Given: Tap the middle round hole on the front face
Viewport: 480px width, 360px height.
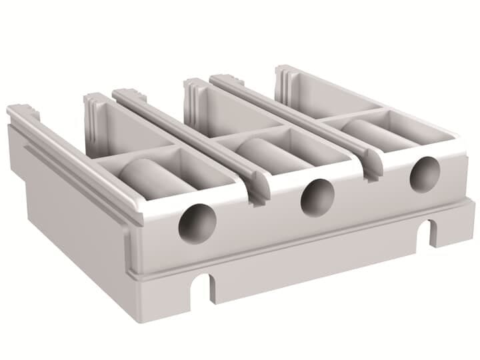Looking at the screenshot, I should (x=317, y=197).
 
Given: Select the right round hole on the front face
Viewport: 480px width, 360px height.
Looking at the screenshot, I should (x=424, y=175).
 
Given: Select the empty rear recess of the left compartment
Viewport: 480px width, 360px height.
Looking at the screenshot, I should (x=127, y=130).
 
